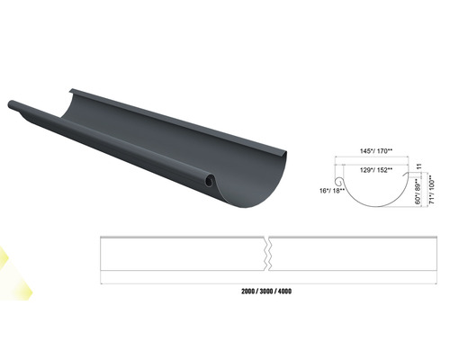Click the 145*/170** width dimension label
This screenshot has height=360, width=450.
tap(376, 151)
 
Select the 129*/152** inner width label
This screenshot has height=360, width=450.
tap(376, 170)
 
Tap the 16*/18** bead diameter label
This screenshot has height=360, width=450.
tap(331, 191)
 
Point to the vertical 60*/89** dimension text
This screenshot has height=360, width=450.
tap(418, 192)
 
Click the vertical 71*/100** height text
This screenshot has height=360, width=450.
tap(431, 190)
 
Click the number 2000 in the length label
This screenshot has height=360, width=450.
tap(247, 292)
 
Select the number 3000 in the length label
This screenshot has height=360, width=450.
tap(266, 292)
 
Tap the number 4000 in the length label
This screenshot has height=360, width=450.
tap(284, 292)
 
